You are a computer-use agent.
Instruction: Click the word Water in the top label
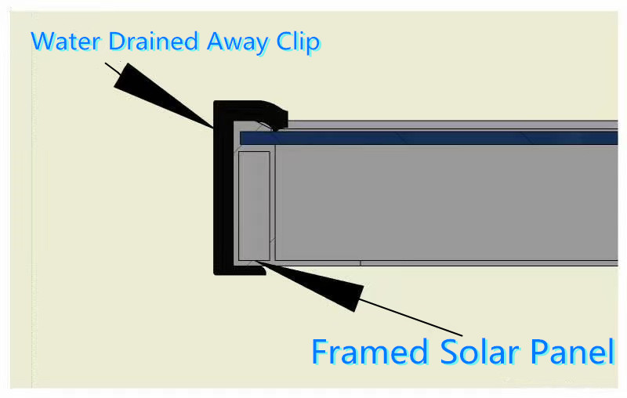pyautogui.click(x=65, y=42)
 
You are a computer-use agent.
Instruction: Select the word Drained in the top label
pyautogui.click(x=154, y=42)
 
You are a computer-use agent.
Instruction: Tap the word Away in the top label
pyautogui.click(x=237, y=43)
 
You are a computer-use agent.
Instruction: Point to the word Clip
pyautogui.click(x=299, y=42)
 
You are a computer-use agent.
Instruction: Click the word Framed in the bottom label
pyautogui.click(x=370, y=352)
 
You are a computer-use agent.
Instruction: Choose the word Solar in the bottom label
pyautogui.click(x=480, y=352)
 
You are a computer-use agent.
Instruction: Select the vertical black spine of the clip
pyautogui.click(x=223, y=188)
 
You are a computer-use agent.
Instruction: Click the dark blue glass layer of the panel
pyautogui.click(x=429, y=138)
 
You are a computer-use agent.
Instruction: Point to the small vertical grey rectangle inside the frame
pyautogui.click(x=254, y=206)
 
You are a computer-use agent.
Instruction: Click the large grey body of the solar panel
pyautogui.click(x=446, y=203)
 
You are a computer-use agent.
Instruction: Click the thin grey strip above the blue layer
pyautogui.click(x=452, y=125)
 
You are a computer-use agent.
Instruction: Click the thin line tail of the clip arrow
pyautogui.click(x=112, y=69)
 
